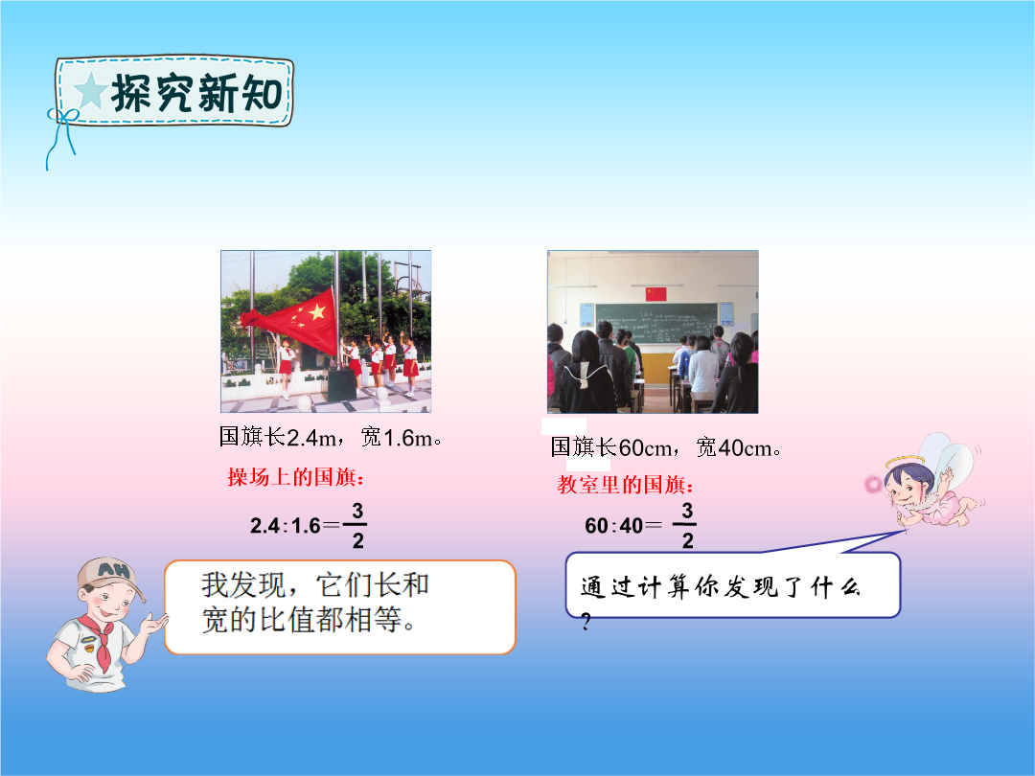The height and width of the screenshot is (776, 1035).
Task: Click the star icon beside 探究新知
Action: coord(90,90)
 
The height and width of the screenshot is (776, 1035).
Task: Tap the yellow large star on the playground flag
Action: coord(317,310)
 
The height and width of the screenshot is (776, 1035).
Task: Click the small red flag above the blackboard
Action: coord(655,294)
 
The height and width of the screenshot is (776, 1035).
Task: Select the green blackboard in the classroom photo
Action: coord(656,324)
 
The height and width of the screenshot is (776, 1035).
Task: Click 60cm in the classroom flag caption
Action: coord(644,448)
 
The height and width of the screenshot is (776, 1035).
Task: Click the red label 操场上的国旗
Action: coord(295,476)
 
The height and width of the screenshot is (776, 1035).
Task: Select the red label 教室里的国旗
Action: coord(625,485)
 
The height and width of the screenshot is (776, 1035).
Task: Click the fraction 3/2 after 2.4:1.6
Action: coord(357,526)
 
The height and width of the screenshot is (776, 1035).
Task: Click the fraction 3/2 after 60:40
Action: coord(686,526)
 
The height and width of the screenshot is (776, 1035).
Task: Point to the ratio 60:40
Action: coord(614,526)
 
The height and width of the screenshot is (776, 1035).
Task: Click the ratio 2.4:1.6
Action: coord(286,526)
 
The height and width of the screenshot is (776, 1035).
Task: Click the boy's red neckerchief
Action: coord(99,640)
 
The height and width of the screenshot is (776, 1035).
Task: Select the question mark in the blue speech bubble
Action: coord(586,621)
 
